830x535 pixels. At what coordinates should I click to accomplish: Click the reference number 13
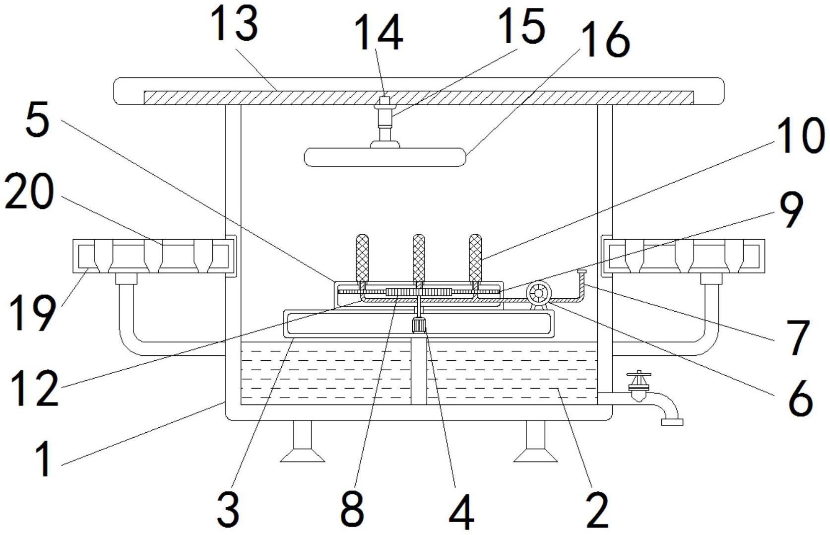236,26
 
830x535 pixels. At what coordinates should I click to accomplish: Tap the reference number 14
379,33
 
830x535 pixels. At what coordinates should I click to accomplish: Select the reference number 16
605,39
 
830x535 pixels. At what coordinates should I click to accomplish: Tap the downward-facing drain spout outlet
672,422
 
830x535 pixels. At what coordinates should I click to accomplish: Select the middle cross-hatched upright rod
418,257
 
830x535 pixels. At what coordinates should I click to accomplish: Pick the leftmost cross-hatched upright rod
362,257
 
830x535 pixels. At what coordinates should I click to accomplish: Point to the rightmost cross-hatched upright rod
475,257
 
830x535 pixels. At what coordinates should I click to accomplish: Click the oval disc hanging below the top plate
384,157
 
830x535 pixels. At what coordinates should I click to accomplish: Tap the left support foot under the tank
302,441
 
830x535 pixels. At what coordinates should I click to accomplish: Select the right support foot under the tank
535,441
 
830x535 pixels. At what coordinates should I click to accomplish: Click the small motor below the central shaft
419,325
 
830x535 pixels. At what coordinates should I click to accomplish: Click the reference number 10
801,135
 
